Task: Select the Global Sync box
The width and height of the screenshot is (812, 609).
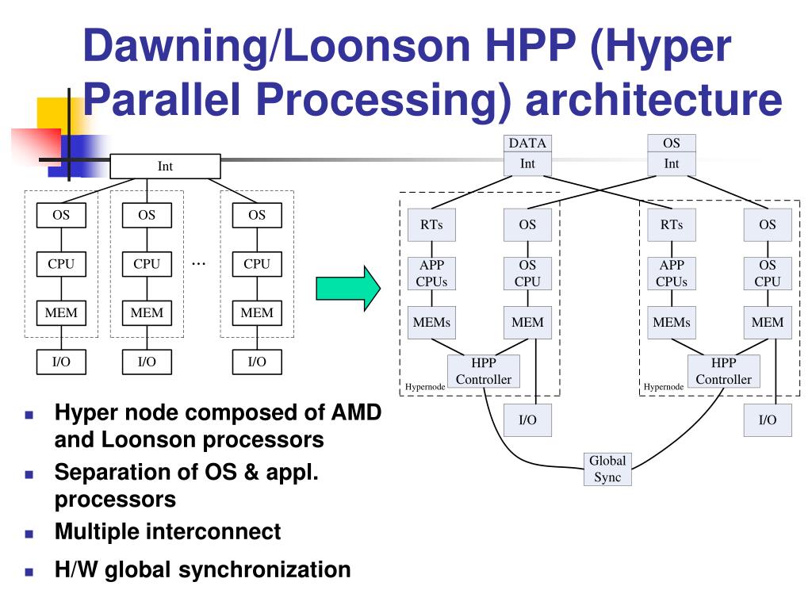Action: click(607, 469)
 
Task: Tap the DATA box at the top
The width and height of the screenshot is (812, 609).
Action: click(527, 144)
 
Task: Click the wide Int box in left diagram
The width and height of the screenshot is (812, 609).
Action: click(165, 166)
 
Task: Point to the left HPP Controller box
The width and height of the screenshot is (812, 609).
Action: click(484, 370)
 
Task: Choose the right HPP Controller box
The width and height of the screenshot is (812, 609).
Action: click(723, 370)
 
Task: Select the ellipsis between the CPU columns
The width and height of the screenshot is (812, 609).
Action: click(199, 262)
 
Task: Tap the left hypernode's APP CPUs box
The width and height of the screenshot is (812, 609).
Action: click(431, 273)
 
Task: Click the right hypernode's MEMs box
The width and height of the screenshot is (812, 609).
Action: click(671, 322)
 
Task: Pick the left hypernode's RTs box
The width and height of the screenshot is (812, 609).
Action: click(431, 224)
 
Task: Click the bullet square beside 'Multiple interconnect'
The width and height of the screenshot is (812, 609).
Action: click(29, 533)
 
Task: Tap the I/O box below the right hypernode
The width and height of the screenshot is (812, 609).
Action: click(767, 420)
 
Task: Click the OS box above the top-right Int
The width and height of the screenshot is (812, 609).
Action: click(671, 144)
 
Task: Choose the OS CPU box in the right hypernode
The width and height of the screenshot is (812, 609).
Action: click(767, 273)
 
